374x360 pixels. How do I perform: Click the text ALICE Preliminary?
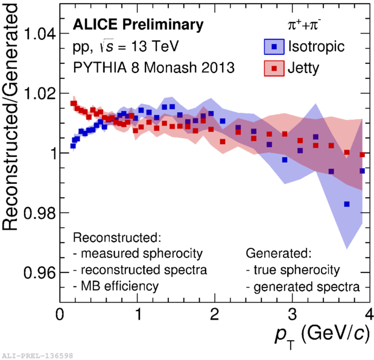click(x=138, y=25)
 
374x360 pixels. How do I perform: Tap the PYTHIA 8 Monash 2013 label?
click(x=154, y=68)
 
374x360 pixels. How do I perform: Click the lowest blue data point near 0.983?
click(x=347, y=204)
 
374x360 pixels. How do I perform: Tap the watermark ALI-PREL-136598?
click(x=37, y=355)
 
